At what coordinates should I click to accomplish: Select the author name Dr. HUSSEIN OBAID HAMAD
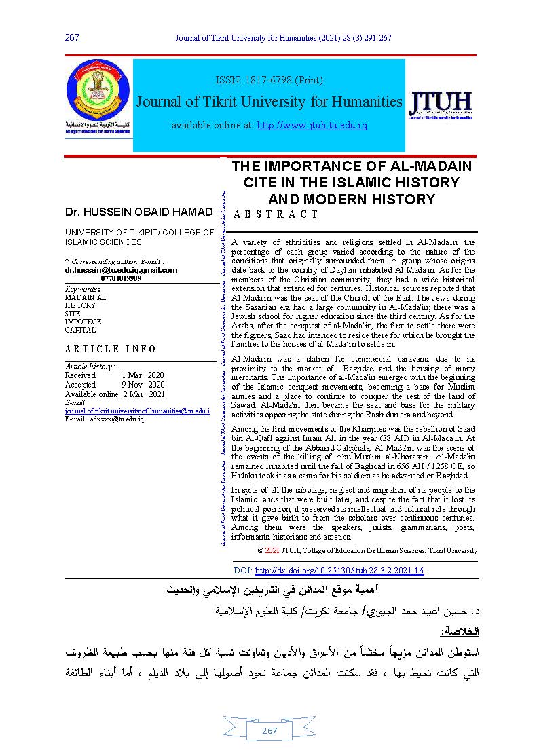pyautogui.click(x=138, y=212)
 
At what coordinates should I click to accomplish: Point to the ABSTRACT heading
pyautogui.click(x=276, y=214)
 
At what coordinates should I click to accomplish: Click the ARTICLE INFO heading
pyautogui.click(x=111, y=349)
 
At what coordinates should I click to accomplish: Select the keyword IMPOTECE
pyautogui.click(x=83, y=322)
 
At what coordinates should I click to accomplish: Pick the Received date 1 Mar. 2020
pyautogui.click(x=143, y=375)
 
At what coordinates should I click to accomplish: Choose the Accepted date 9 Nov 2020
pyautogui.click(x=143, y=385)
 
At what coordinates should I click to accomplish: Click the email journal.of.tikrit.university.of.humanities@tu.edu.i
pyautogui.click(x=137, y=411)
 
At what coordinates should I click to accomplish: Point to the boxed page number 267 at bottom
pyautogui.click(x=269, y=730)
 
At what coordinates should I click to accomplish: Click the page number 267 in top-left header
pyautogui.click(x=73, y=37)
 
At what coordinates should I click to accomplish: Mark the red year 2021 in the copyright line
pyautogui.click(x=272, y=550)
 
